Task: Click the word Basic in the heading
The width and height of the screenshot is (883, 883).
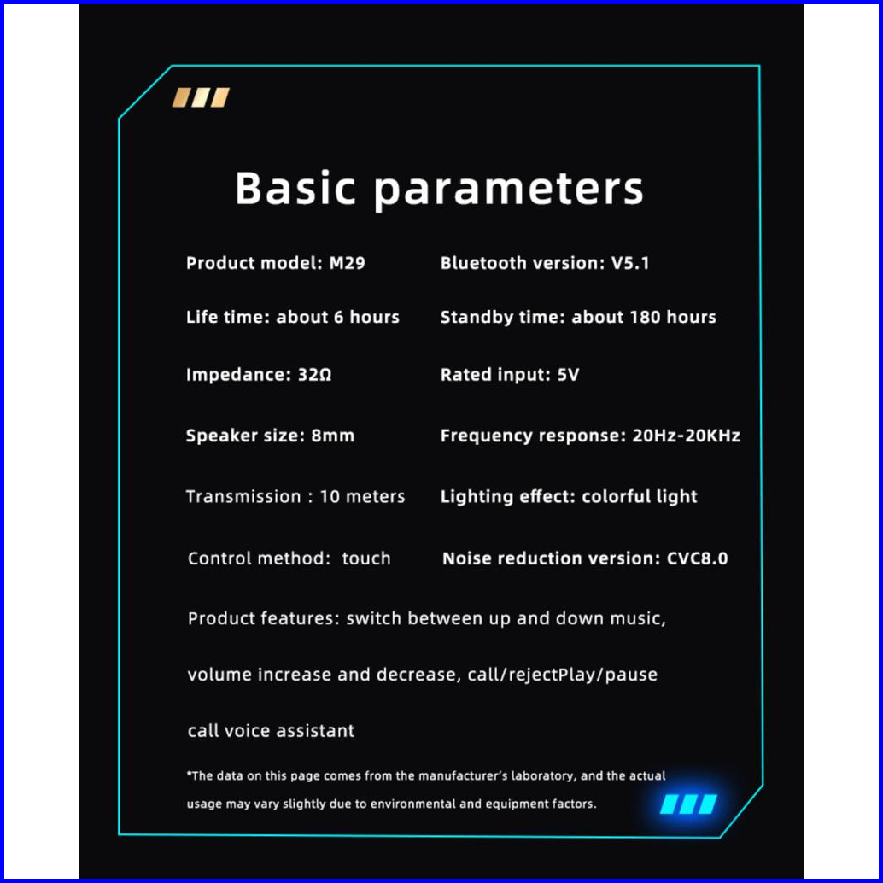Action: pos(295,188)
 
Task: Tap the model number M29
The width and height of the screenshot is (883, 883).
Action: pos(347,263)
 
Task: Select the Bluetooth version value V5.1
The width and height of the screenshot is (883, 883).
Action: pos(630,263)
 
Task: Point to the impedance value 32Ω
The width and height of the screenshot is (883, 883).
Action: pos(314,375)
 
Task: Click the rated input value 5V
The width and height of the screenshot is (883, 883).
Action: pos(568,375)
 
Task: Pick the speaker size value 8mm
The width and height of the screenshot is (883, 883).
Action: pos(333,436)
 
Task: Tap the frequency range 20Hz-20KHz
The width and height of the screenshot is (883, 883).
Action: pos(686,436)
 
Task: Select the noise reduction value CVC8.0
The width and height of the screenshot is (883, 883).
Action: pos(697,558)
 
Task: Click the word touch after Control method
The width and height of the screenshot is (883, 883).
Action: pos(366,558)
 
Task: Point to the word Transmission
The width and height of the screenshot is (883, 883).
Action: pos(243,496)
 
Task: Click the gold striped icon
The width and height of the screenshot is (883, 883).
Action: pos(201,97)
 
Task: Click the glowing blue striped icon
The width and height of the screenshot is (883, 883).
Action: pos(688,804)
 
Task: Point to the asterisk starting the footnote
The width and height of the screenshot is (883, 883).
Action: pos(190,773)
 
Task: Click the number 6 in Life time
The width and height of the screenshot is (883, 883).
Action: pos(338,317)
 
